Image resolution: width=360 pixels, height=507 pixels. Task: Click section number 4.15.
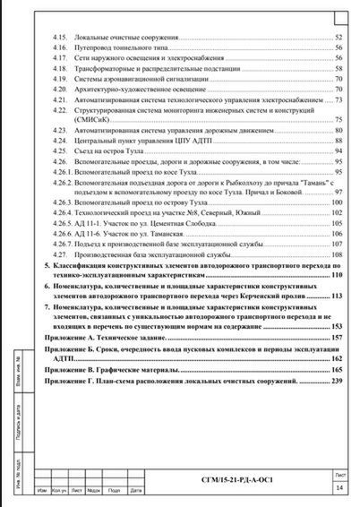(61, 38)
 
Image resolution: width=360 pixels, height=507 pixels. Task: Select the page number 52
(339, 38)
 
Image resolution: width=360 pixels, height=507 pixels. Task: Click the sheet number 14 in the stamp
(339, 487)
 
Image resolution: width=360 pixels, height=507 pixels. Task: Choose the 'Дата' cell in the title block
(133, 492)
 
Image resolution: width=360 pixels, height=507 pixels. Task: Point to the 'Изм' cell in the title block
(40, 492)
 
